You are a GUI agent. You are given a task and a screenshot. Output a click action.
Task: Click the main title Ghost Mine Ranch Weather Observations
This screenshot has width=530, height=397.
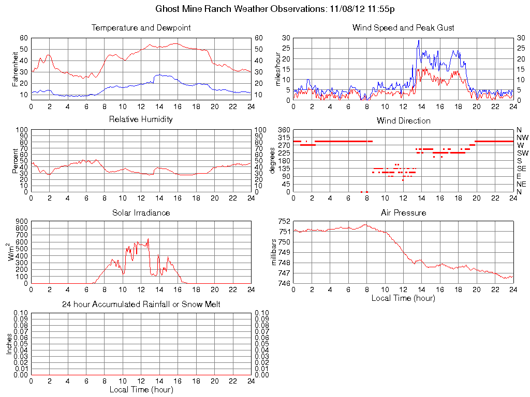tap(276, 9)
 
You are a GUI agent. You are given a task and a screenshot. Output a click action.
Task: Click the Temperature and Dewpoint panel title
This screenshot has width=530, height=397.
tap(141, 27)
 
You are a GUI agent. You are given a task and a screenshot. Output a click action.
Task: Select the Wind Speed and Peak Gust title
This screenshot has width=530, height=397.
tap(403, 27)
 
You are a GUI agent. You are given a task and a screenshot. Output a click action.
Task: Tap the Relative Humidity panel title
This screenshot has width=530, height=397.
tap(141, 119)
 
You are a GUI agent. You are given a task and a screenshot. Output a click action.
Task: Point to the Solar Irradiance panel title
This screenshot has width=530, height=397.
tap(141, 212)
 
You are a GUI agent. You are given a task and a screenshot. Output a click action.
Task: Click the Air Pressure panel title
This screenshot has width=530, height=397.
tap(403, 212)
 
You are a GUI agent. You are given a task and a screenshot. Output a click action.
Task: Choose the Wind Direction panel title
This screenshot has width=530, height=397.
tap(403, 120)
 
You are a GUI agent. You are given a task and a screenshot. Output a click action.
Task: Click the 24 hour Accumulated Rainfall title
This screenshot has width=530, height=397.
tap(141, 304)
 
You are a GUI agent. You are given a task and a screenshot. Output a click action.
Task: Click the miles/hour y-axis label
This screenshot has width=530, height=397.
tap(278, 69)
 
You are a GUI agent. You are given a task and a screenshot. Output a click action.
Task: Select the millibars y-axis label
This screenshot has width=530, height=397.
tap(275, 252)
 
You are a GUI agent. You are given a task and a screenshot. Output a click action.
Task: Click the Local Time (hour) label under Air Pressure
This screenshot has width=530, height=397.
tap(403, 298)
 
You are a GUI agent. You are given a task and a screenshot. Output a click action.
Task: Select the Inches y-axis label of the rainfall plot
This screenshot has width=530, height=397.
tap(9, 343)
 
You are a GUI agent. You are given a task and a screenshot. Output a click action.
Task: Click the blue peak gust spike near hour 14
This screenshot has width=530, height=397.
tap(419, 41)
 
